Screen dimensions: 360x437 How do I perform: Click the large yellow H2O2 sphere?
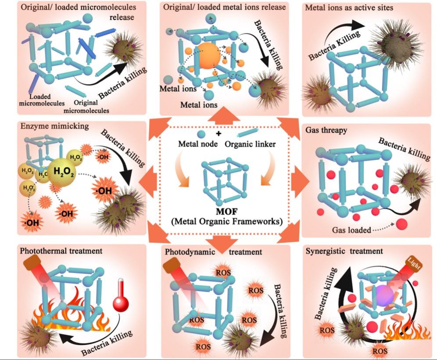(62, 172)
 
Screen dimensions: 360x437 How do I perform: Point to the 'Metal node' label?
(195, 143)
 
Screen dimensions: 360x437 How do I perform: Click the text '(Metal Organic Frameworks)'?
(226, 221)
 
